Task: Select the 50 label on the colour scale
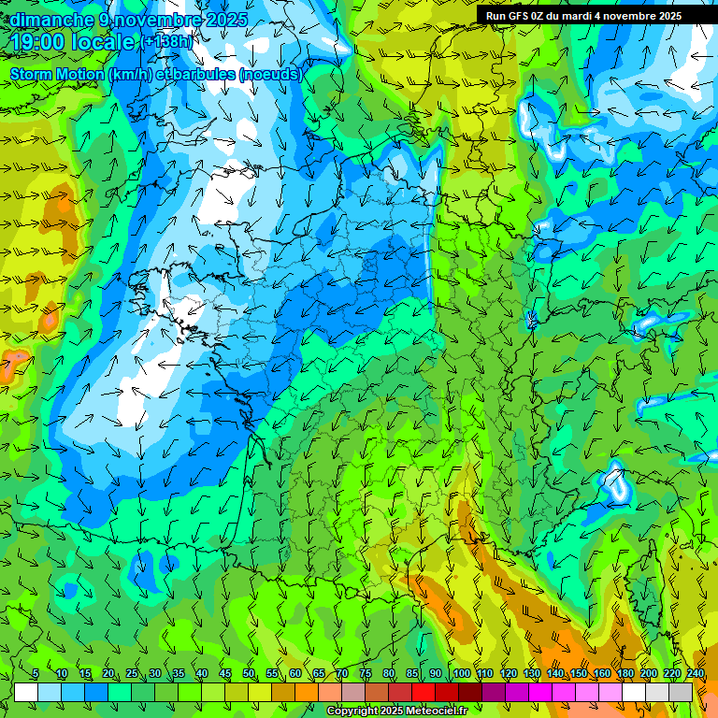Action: pos(248,674)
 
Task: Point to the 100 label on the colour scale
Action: pos(460,674)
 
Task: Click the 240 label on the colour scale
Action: pos(695,674)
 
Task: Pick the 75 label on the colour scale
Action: pos(366,674)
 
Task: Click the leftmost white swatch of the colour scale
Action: pos(26,692)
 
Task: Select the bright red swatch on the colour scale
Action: pos(424,692)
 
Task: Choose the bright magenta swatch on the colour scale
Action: pos(540,692)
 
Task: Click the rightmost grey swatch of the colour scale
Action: pos(682,692)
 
